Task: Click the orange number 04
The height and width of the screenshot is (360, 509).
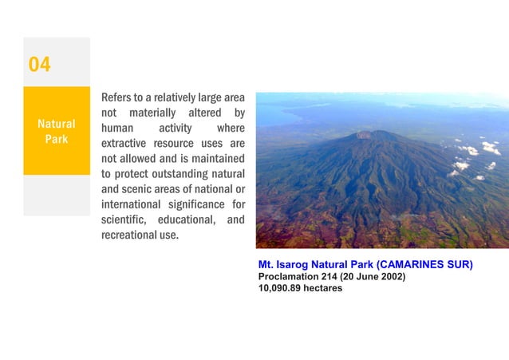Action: click(x=40, y=65)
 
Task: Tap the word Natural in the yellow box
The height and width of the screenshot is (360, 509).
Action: click(x=57, y=124)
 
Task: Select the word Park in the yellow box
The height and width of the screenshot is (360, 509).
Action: click(x=56, y=139)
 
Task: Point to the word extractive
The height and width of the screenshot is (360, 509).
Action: click(x=127, y=145)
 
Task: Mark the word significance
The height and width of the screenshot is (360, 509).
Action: click(x=197, y=205)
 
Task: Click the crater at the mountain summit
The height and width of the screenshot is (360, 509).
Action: click(x=366, y=134)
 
